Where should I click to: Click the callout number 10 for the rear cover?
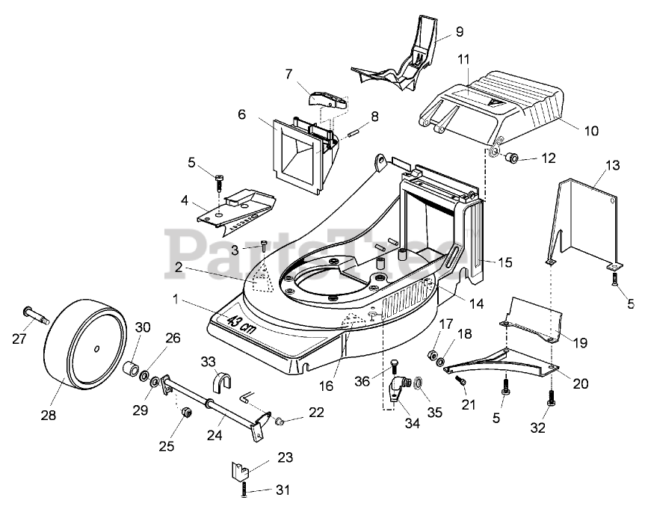point(591,131)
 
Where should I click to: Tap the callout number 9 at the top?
point(459,32)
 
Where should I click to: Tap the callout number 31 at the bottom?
point(283,490)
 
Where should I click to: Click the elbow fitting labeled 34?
point(398,386)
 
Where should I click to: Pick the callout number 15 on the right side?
point(505,262)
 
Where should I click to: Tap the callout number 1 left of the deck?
point(176,298)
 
